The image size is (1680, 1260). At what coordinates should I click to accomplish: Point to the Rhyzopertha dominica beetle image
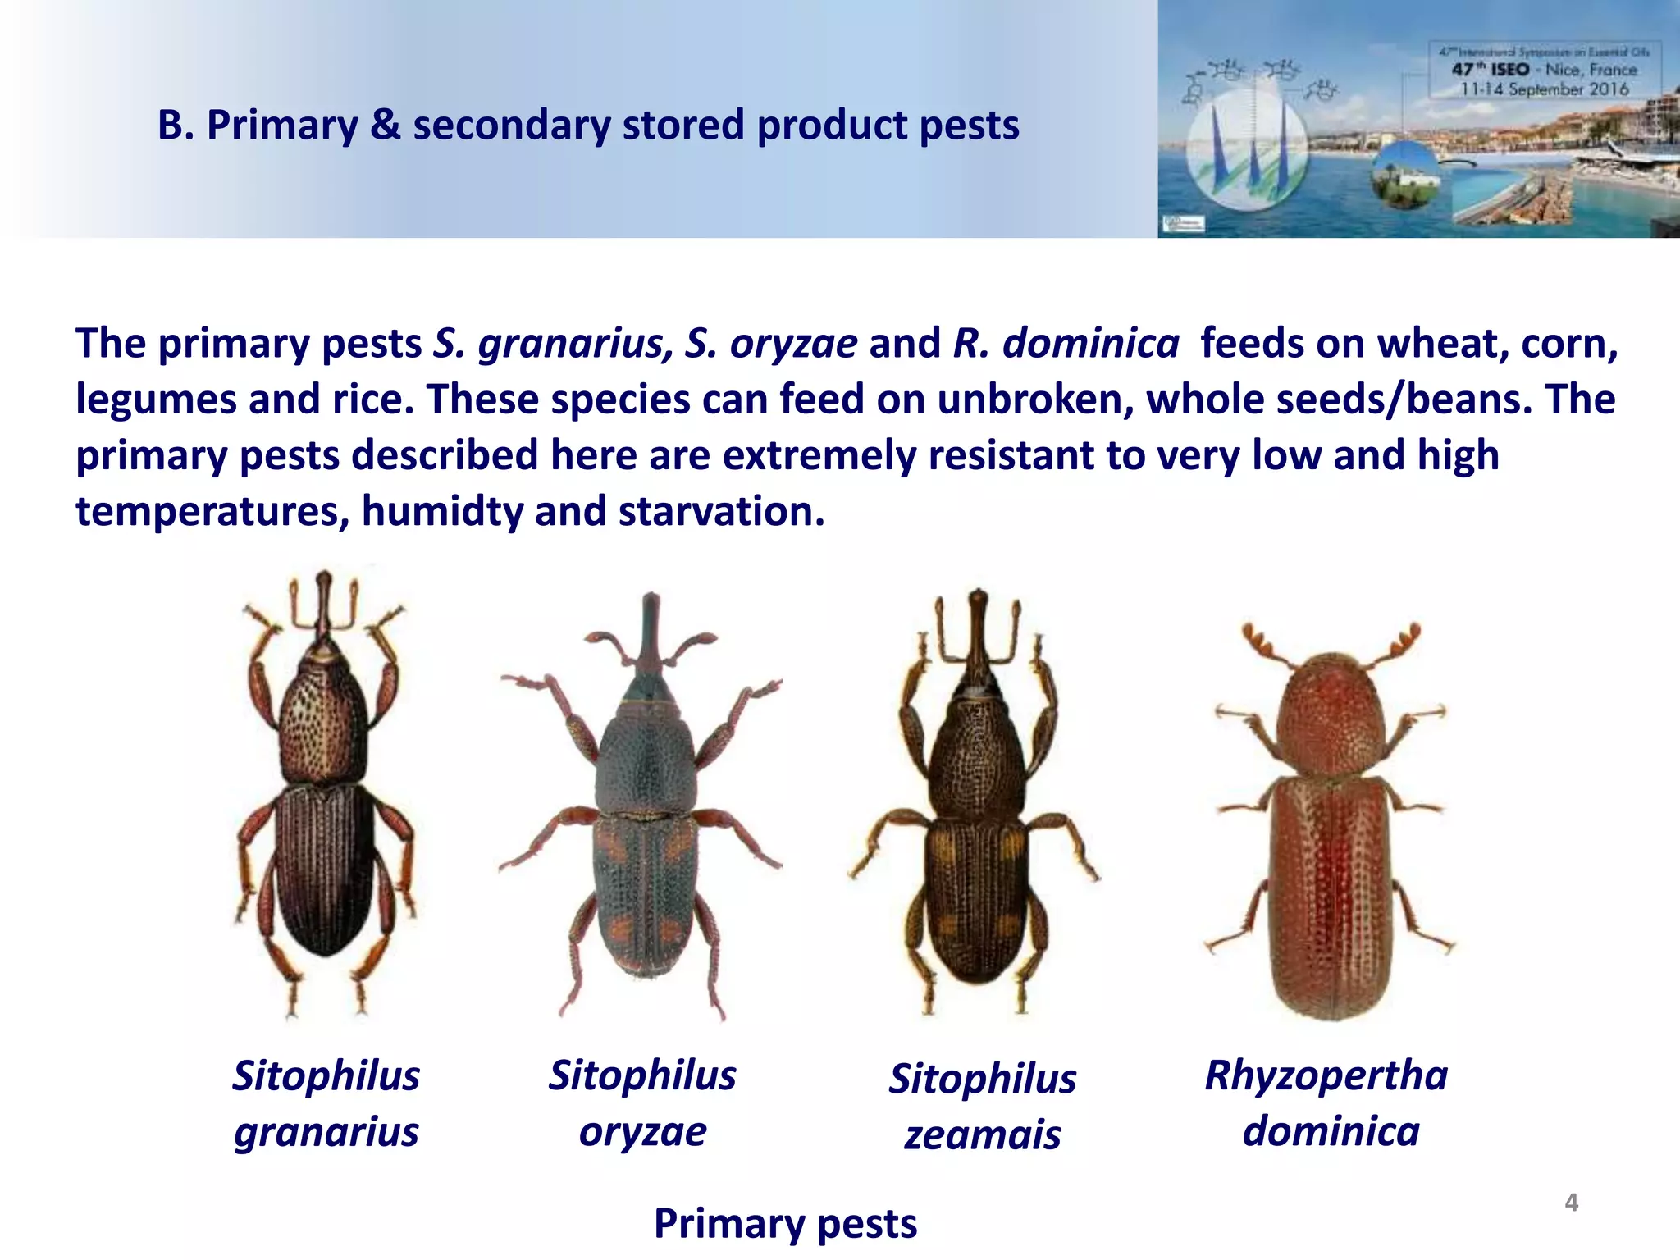pyautogui.click(x=1329, y=829)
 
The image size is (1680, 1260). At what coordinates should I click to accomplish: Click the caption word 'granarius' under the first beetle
pyautogui.click(x=326, y=1132)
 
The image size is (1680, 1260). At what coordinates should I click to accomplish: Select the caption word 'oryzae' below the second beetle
pyautogui.click(x=642, y=1132)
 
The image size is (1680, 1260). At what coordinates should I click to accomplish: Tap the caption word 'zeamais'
pyautogui.click(x=983, y=1135)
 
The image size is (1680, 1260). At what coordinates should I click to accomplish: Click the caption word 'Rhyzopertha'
pyautogui.click(x=1326, y=1075)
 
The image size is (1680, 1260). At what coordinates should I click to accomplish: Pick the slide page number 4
pyautogui.click(x=1571, y=1203)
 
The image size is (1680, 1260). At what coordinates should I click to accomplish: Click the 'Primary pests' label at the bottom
pyautogui.click(x=785, y=1224)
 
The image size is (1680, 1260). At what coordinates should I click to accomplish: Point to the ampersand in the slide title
pyautogui.click(x=385, y=126)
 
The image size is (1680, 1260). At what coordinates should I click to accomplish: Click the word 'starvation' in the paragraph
pyautogui.click(x=720, y=511)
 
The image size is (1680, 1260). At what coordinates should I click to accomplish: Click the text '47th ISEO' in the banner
pyautogui.click(x=1491, y=70)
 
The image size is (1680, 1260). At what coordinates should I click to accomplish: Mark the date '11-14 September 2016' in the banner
pyautogui.click(x=1545, y=89)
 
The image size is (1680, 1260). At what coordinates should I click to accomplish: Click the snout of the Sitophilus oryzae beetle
pyautogui.click(x=651, y=628)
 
